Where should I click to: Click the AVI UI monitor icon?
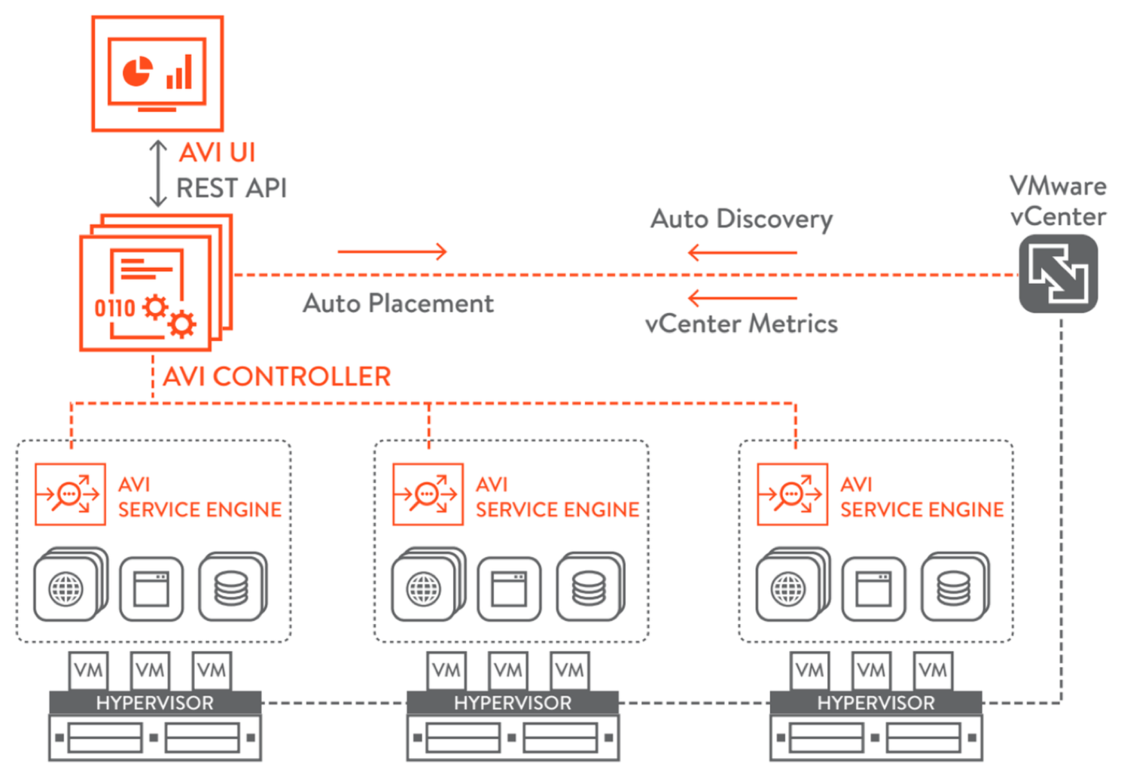(x=157, y=74)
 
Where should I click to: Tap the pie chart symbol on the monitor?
(x=137, y=72)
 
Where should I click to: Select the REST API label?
(x=231, y=188)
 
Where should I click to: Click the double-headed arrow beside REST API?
(x=157, y=174)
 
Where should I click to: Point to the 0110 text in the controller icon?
(x=114, y=308)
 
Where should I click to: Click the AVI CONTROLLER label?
(x=277, y=376)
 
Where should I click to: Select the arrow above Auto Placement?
(x=392, y=251)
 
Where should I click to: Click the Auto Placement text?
(x=398, y=303)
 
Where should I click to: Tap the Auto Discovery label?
(x=742, y=219)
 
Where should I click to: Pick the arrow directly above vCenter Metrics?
(x=742, y=298)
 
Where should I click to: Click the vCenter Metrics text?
(x=742, y=324)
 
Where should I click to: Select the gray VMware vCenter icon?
(x=1058, y=273)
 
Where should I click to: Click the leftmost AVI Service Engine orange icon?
(x=70, y=494)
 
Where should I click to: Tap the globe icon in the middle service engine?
(x=424, y=589)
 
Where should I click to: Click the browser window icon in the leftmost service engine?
(x=151, y=589)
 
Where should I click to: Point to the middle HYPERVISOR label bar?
(x=513, y=703)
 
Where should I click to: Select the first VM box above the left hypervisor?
(x=89, y=670)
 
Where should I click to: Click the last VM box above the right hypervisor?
(x=933, y=670)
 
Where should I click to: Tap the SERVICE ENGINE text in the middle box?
(x=557, y=510)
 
